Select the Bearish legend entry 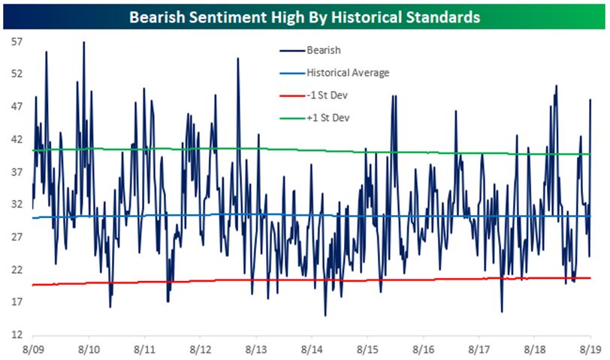pyautogui.click(x=324, y=50)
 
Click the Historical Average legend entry pyautogui.click(x=347, y=73)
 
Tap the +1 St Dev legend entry pyautogui.click(x=328, y=118)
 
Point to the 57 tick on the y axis pyautogui.click(x=15, y=42)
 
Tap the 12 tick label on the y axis pyautogui.click(x=15, y=334)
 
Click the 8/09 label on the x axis pyautogui.click(x=33, y=350)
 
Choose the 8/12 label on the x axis pyautogui.click(x=200, y=350)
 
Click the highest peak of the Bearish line pyautogui.click(x=83, y=42)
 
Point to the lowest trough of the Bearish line pyautogui.click(x=325, y=316)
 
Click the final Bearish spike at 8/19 pyautogui.click(x=590, y=100)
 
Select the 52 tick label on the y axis pyautogui.click(x=15, y=74)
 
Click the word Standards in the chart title pyautogui.click(x=439, y=16)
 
